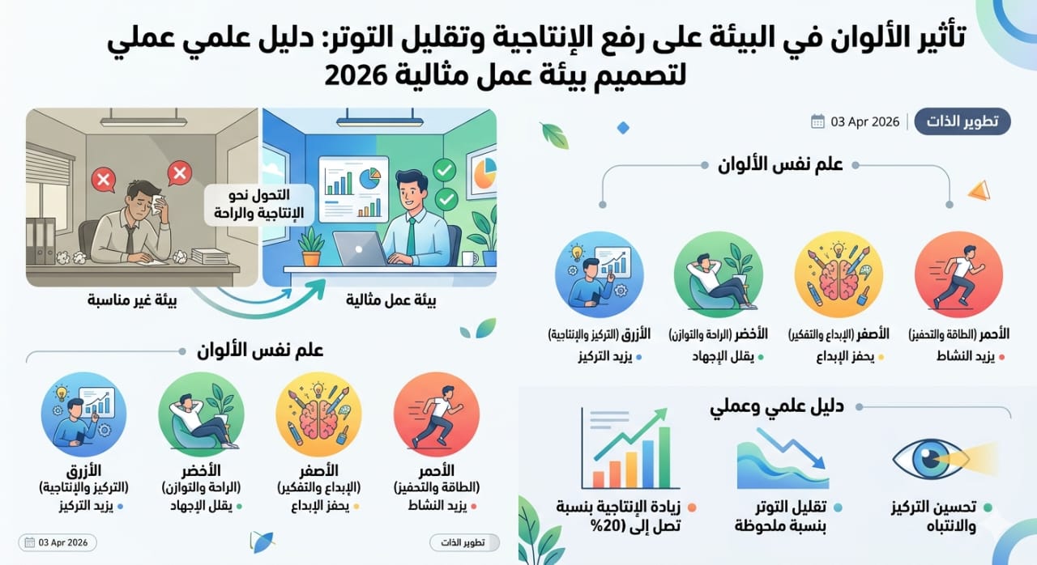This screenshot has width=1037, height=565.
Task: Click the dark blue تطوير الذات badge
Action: click(962, 121)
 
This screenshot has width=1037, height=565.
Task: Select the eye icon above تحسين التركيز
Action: click(931, 459)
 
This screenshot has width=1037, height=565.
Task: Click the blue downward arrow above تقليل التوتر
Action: click(792, 448)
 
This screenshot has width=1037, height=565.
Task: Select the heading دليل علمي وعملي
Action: click(777, 407)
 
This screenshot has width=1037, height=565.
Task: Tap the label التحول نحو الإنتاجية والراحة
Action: click(259, 204)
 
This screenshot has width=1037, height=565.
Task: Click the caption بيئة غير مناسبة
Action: click(132, 301)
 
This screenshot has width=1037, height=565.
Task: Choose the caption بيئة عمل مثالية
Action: click(390, 301)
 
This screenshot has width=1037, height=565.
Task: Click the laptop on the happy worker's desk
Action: click(361, 249)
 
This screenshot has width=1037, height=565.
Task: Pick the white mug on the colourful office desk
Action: click(469, 258)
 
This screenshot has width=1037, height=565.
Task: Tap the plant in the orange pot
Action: click(312, 248)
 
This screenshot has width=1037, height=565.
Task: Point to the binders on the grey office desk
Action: click(41, 241)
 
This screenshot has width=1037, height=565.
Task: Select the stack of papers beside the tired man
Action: click(210, 256)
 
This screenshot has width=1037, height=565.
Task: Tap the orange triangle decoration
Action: click(979, 190)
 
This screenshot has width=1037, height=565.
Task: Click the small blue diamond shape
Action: click(623, 128)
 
